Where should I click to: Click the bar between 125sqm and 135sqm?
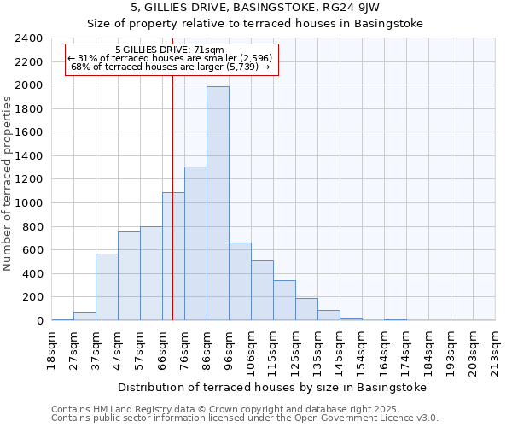tap(306, 309)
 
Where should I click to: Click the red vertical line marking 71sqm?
tap(173, 213)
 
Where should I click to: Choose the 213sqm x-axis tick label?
tap(495, 348)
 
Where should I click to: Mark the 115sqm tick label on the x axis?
tap(273, 348)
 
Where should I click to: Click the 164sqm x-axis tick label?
tap(384, 348)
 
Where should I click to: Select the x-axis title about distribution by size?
tap(271, 387)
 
